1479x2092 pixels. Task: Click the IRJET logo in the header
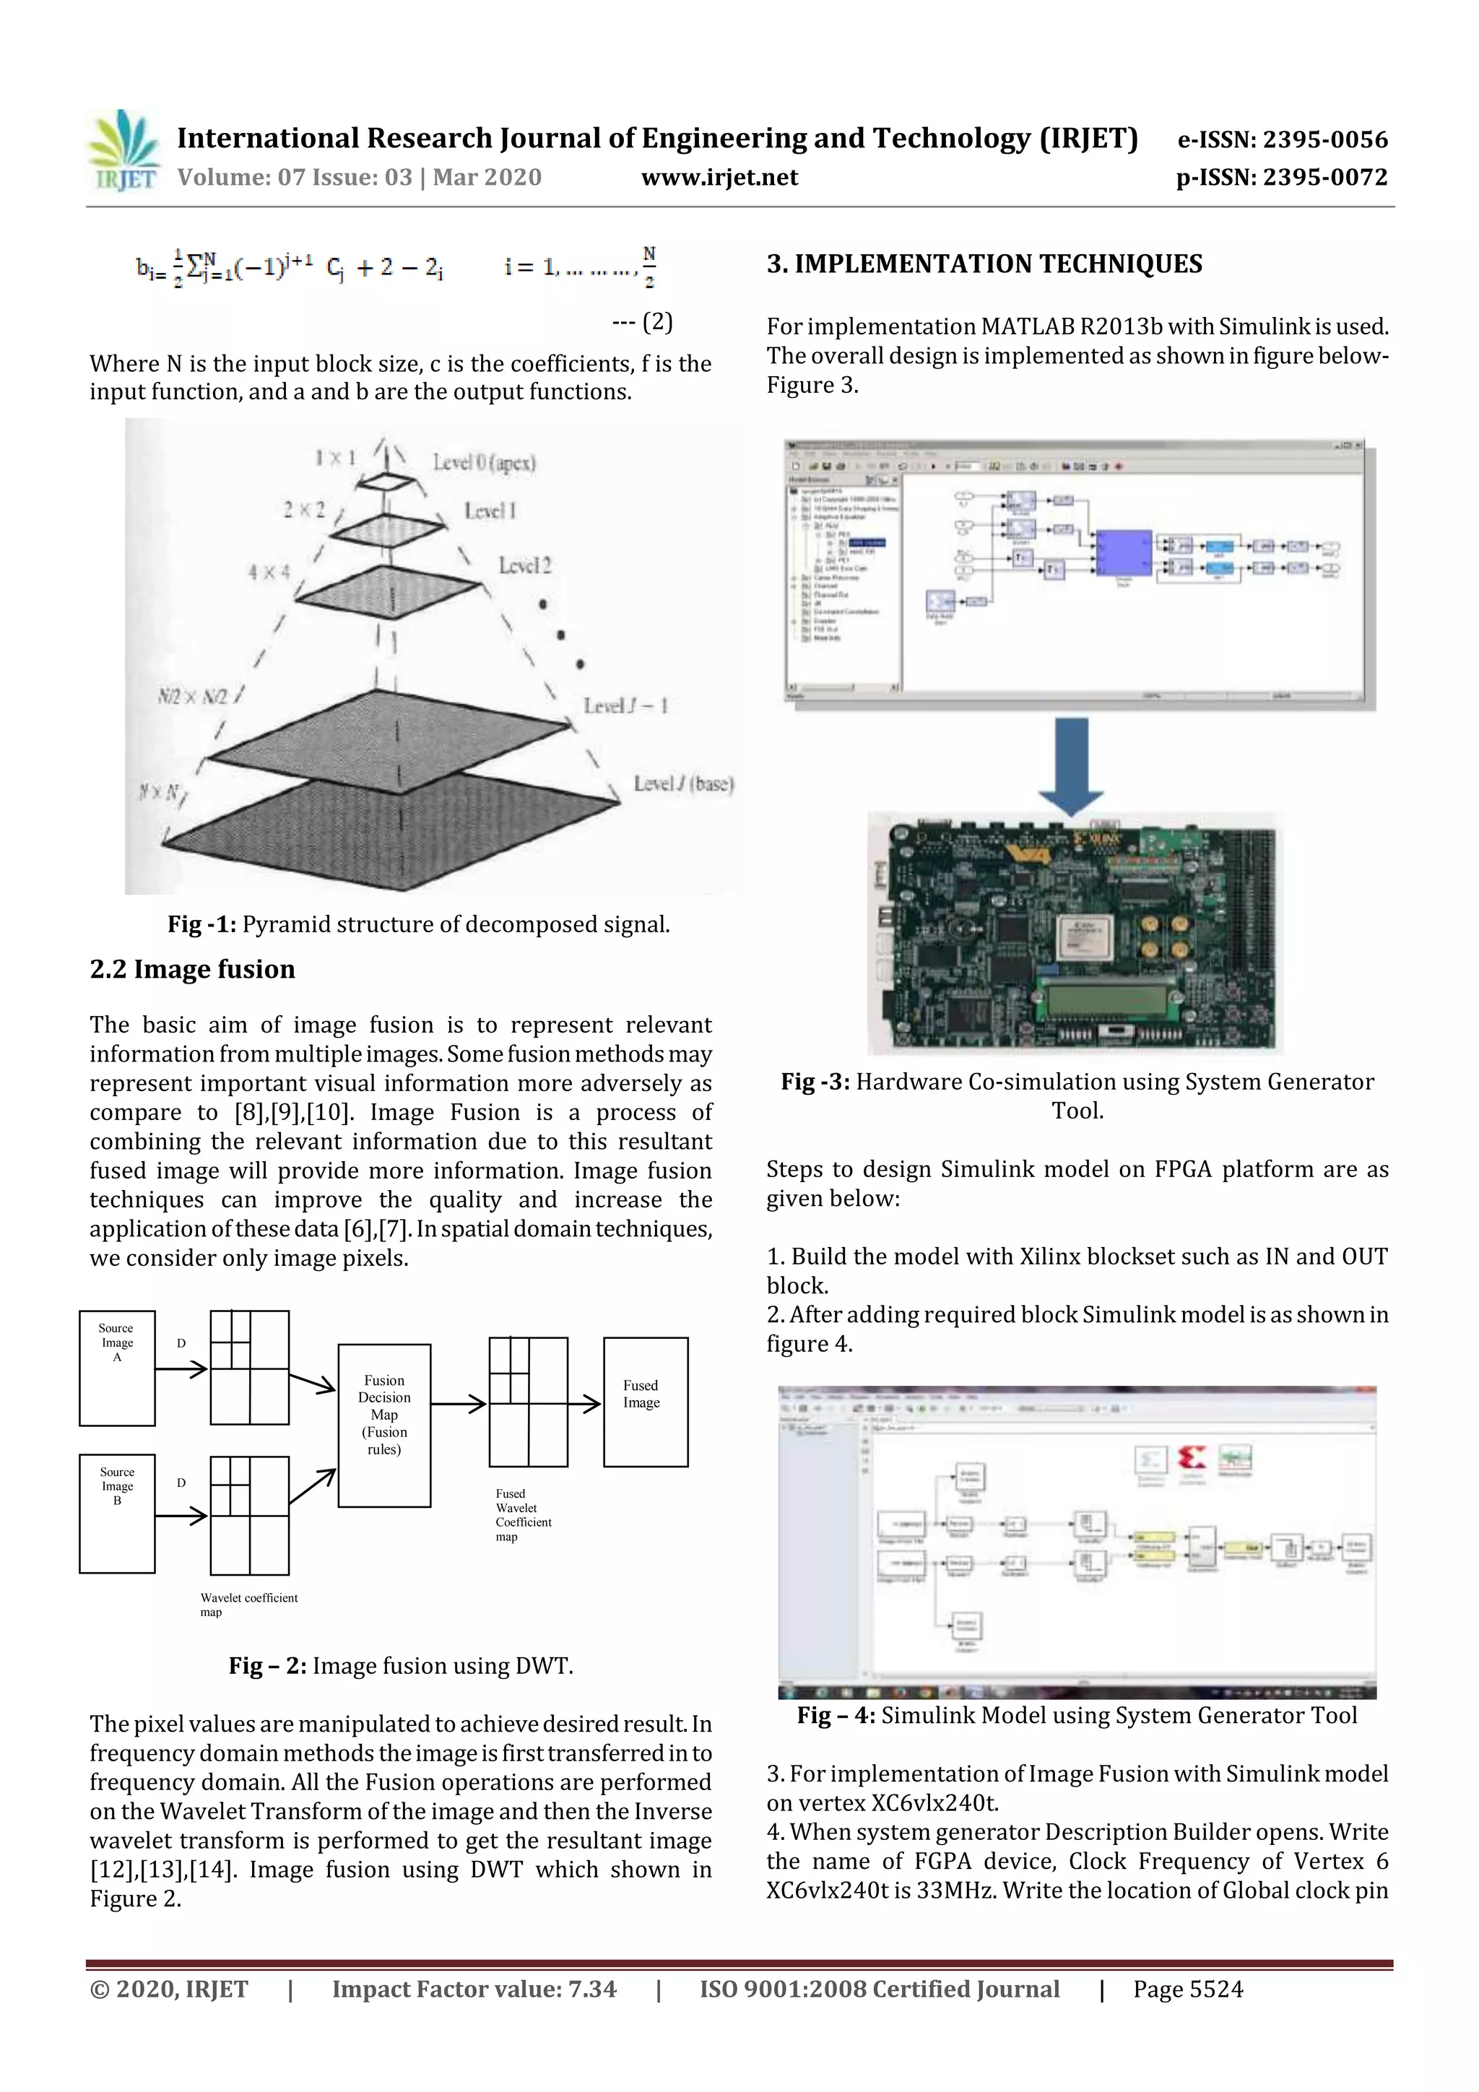click(x=123, y=150)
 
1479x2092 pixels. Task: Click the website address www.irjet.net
click(x=719, y=178)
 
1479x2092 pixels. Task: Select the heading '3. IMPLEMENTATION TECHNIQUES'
click(x=984, y=264)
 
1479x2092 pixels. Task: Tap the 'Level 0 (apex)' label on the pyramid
click(x=484, y=463)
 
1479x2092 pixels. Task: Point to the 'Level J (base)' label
click(x=683, y=784)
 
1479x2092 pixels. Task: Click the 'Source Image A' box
click(x=117, y=1368)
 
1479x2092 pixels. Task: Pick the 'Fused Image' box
click(x=645, y=1402)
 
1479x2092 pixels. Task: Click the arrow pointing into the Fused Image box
click(x=584, y=1404)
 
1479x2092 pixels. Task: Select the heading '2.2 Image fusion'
click(x=192, y=970)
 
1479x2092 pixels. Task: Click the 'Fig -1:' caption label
click(x=201, y=925)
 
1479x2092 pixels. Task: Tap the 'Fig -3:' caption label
click(x=815, y=1082)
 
